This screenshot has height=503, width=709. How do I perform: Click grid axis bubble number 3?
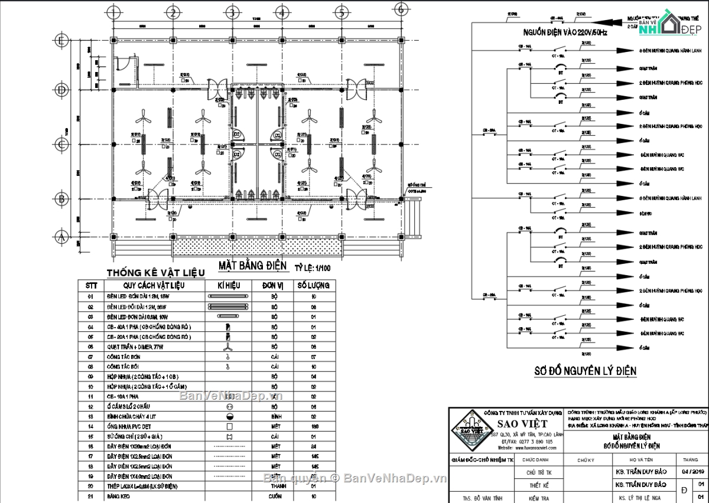point(232,12)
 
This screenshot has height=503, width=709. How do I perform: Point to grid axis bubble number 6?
point(401,9)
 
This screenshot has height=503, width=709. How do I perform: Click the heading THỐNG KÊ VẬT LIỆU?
point(155,273)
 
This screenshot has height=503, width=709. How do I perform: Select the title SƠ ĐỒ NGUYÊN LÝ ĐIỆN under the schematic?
point(585,371)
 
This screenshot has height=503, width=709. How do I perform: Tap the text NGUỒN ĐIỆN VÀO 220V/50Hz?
point(565,33)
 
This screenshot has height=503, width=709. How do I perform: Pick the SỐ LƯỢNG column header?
point(313,285)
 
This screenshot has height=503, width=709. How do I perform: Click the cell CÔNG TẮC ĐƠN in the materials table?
point(123,357)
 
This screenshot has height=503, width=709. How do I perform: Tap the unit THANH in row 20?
point(275,486)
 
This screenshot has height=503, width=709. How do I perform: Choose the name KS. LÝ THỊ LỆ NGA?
point(640,498)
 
